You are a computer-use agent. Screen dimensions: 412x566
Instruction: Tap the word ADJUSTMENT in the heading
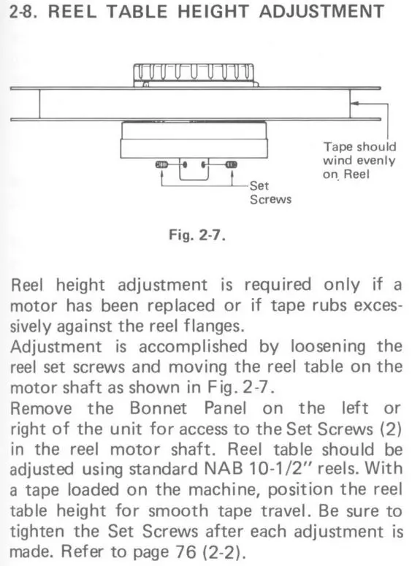tap(321, 12)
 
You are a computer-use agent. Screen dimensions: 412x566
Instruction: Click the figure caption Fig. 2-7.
tap(197, 235)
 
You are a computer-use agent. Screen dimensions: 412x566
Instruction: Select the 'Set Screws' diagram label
tap(270, 193)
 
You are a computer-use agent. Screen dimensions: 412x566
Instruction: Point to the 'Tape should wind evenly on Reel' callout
tap(359, 161)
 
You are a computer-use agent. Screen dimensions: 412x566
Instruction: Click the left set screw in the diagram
tap(161, 165)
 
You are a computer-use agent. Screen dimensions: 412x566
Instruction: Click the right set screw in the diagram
tap(231, 165)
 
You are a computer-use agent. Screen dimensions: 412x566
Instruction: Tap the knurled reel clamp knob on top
tap(194, 75)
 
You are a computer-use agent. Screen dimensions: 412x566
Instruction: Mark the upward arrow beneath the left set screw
tap(161, 177)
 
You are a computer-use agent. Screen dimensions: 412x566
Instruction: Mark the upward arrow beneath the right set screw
tap(232, 177)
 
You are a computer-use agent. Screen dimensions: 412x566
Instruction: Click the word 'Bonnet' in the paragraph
tap(159, 408)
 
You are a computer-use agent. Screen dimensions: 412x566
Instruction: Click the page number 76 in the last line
tap(186, 551)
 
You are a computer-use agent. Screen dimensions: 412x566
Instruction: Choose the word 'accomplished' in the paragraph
tap(193, 347)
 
